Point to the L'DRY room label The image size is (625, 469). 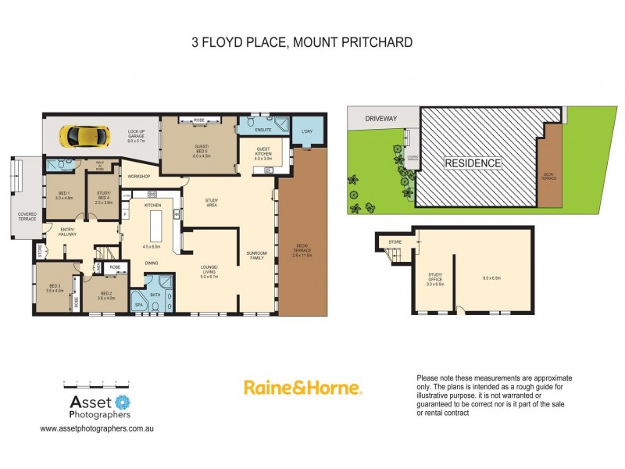(307, 131)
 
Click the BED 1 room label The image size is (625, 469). (64, 195)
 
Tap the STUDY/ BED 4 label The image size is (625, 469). (105, 198)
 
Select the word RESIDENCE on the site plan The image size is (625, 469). (473, 163)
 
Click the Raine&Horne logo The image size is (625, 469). (302, 388)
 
